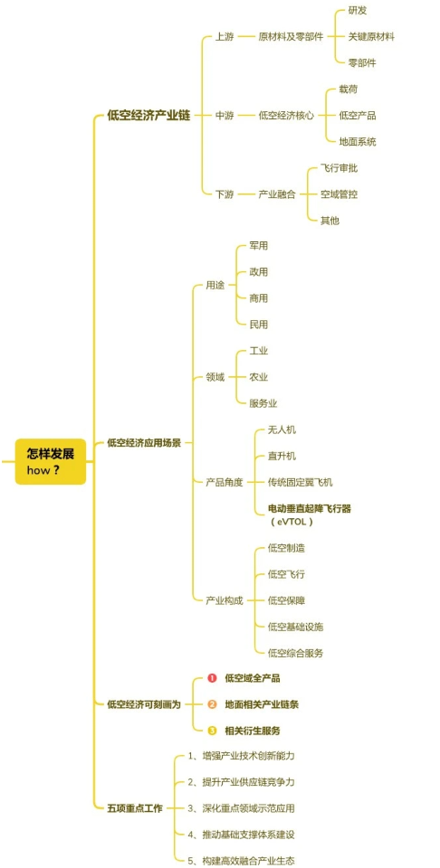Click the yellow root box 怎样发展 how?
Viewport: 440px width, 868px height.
(x=51, y=461)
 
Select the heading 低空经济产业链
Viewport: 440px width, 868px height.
(x=148, y=116)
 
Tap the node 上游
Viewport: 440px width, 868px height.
(x=225, y=37)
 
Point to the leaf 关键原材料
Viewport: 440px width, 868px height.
(x=371, y=37)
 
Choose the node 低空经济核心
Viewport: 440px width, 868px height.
(x=286, y=116)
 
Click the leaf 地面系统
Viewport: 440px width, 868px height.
(x=358, y=142)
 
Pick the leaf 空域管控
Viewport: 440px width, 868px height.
(x=340, y=194)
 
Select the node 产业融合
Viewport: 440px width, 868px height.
(x=276, y=194)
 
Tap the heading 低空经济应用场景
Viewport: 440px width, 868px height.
(x=144, y=442)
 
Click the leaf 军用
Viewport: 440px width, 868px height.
(x=259, y=246)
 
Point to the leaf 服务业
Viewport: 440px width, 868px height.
(x=263, y=403)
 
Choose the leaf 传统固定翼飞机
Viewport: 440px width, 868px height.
(x=300, y=482)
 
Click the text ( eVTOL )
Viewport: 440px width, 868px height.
(x=292, y=521)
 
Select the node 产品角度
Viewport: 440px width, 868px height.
(x=225, y=482)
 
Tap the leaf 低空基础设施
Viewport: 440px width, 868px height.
(x=295, y=627)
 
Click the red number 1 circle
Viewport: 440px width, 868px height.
(x=212, y=677)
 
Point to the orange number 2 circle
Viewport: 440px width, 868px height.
(x=212, y=704)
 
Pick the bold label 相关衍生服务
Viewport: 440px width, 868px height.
(x=253, y=731)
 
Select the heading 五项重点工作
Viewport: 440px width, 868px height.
(x=135, y=807)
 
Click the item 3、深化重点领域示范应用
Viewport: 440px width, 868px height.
(x=241, y=807)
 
